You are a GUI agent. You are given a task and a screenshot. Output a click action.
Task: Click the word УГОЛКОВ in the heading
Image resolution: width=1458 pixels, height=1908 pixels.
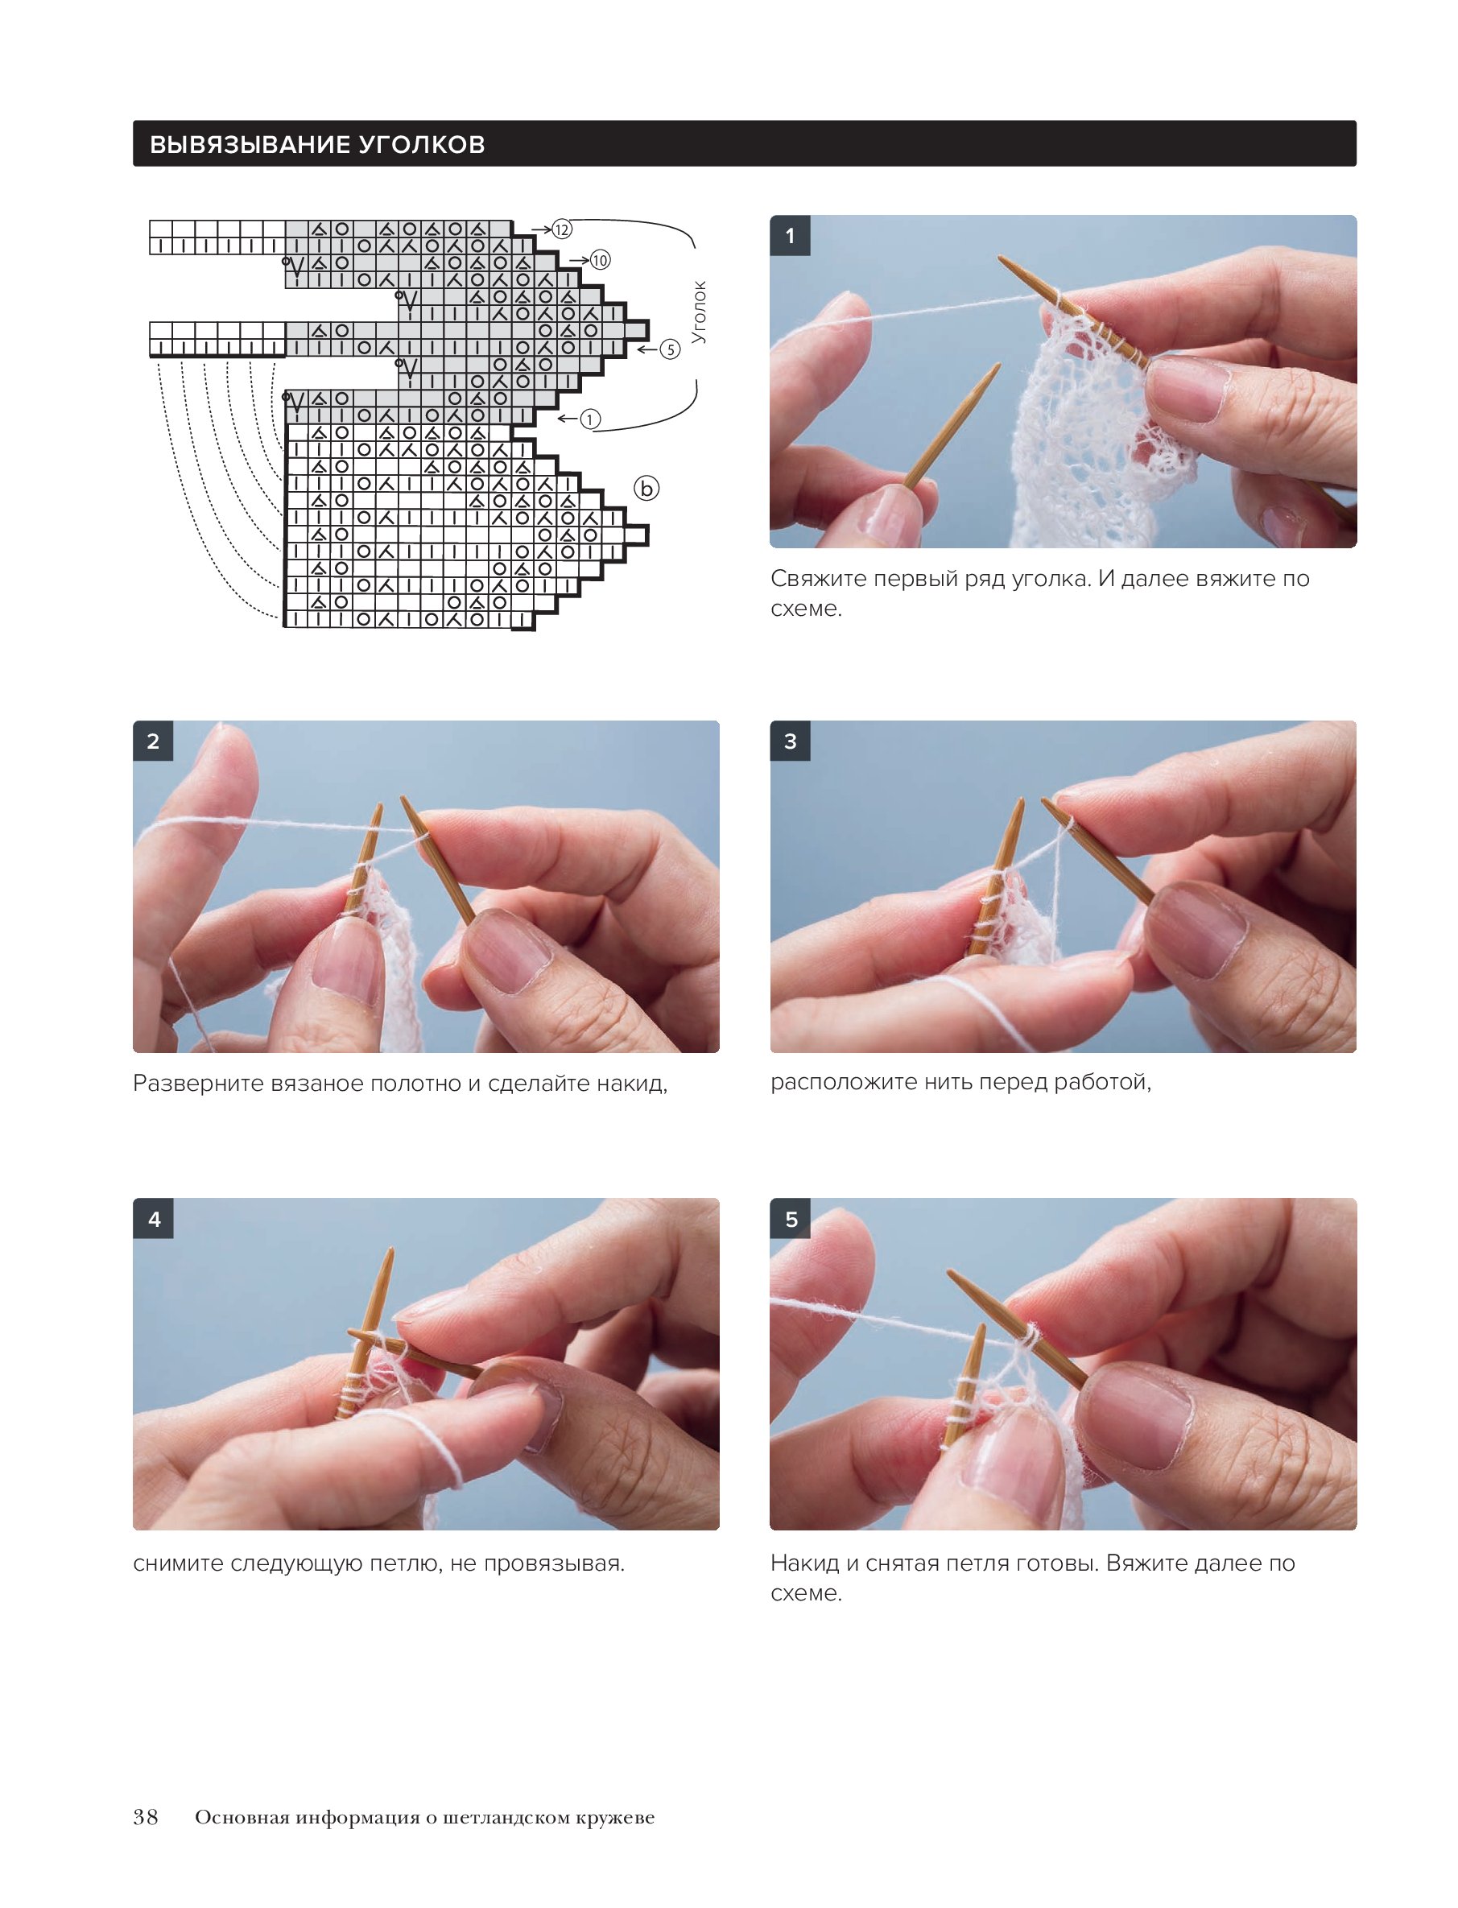pyautogui.click(x=422, y=144)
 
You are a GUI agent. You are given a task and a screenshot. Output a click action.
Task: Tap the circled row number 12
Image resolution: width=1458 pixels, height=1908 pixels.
pyautogui.click(x=563, y=229)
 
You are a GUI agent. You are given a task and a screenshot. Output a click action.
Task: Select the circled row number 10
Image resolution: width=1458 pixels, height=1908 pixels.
pyautogui.click(x=601, y=260)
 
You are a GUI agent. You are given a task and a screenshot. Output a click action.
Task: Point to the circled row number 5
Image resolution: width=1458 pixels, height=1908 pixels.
pyautogui.click(x=670, y=349)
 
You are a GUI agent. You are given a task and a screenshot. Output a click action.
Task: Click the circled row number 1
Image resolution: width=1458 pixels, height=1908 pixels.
pyautogui.click(x=590, y=420)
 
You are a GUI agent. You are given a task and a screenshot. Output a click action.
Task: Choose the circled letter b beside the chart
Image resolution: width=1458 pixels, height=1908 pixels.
pyautogui.click(x=646, y=489)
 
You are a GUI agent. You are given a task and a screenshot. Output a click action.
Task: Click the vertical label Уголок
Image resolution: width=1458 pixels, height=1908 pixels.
pyautogui.click(x=699, y=312)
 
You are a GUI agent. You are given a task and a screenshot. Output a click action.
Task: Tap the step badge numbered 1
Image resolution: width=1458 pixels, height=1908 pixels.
pyautogui.click(x=790, y=235)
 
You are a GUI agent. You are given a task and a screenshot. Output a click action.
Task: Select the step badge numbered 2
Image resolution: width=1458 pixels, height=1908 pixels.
pyautogui.click(x=153, y=741)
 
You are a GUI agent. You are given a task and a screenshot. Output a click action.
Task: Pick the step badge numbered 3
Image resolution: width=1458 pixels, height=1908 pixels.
pyautogui.click(x=790, y=741)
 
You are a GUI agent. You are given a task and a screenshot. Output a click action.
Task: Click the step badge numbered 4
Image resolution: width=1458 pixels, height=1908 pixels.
pyautogui.click(x=153, y=1219)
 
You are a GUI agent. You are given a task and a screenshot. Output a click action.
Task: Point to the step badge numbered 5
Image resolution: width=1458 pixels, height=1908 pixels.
pyautogui.click(x=790, y=1219)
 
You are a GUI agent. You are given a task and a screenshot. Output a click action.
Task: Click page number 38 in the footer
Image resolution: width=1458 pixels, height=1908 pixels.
pyautogui.click(x=146, y=1817)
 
